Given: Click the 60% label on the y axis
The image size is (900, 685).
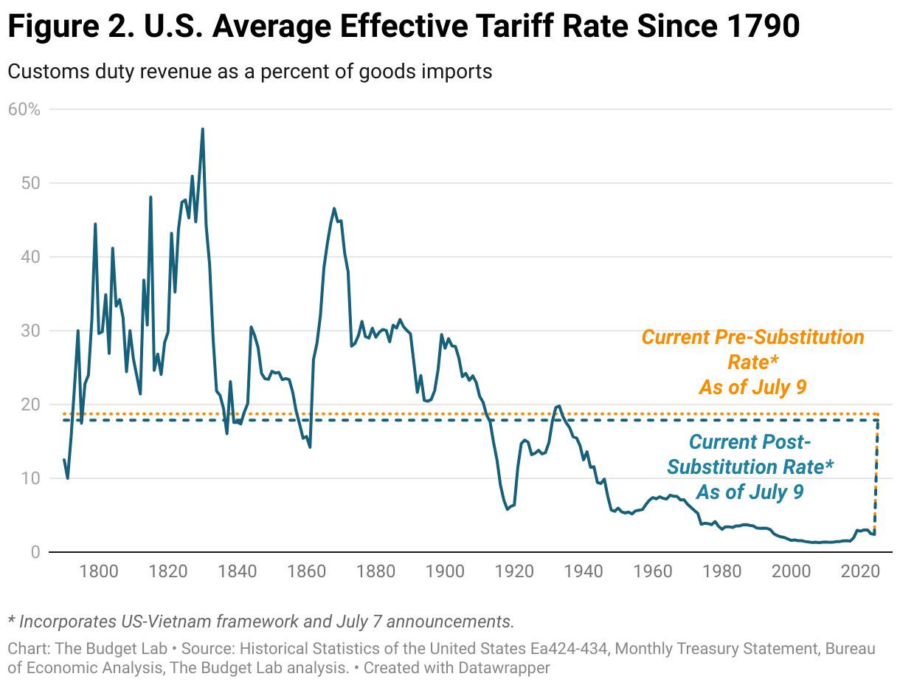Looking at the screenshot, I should tap(23, 109).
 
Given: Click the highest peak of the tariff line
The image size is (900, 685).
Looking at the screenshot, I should tap(202, 129).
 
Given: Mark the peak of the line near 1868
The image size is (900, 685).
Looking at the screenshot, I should tap(334, 208).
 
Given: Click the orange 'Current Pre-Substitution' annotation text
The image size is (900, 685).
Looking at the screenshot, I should tap(752, 337).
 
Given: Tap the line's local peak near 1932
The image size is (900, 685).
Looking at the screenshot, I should tap(558, 405).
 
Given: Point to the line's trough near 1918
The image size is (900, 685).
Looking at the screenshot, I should tap(508, 509).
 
